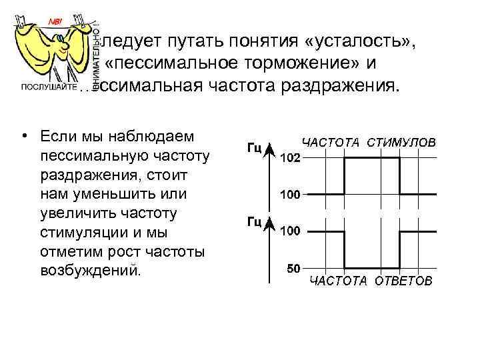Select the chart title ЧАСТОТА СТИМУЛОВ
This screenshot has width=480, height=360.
pos(369,143)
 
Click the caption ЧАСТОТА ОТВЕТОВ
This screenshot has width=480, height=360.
pos(369,281)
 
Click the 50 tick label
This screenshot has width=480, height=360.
pos(293,269)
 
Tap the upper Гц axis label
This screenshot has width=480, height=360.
pos(254,148)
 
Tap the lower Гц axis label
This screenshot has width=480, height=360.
pos(254,222)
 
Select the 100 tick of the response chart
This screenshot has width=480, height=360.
pos(290,231)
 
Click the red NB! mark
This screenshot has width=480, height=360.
pos(55,21)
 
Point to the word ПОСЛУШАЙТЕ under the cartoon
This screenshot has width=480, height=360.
pos(46,87)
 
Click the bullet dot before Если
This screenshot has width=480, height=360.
pos(24,137)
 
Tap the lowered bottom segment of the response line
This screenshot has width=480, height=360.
pos(371,268)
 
